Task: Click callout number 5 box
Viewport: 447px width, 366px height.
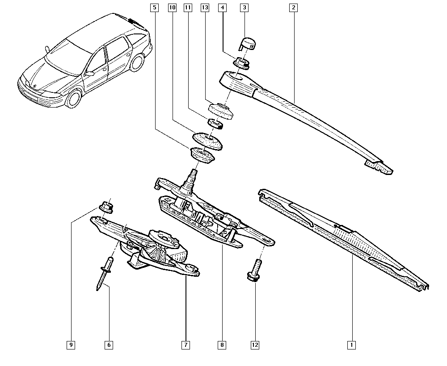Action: tap(154, 8)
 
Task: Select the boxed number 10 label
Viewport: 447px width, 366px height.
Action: tap(172, 8)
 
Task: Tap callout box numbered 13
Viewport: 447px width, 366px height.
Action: tap(205, 8)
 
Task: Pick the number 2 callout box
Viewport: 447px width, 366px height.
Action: tap(293, 8)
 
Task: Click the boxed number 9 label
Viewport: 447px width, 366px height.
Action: tap(71, 345)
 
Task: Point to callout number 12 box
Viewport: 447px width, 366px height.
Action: tap(255, 345)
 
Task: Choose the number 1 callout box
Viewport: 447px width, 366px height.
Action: tap(351, 345)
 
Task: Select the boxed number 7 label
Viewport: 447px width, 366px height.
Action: tap(186, 345)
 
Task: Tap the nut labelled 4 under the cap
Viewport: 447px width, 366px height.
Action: tap(241, 63)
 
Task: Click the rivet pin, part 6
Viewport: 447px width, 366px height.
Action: tap(104, 274)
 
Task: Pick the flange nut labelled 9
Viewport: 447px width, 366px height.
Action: tap(106, 207)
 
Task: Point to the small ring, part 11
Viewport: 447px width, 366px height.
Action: tap(215, 123)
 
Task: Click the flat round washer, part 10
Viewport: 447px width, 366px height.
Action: tap(207, 141)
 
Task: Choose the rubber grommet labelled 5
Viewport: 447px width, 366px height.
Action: tap(202, 155)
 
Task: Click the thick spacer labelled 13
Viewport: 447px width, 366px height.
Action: tap(221, 111)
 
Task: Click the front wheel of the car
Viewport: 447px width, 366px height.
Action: tap(74, 98)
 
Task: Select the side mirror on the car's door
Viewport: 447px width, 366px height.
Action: tap(89, 74)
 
